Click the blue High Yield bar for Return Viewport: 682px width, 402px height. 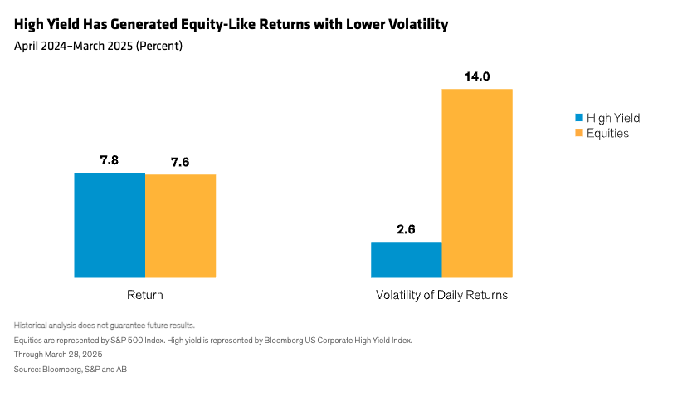coord(110,225)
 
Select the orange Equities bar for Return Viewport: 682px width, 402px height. coord(181,226)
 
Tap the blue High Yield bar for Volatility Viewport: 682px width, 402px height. coord(406,259)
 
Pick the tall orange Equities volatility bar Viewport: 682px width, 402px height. coord(477,183)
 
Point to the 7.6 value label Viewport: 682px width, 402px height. coord(180,163)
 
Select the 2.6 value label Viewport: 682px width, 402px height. coord(406,230)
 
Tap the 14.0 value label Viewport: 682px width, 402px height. coord(477,76)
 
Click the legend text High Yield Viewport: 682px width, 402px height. coord(613,118)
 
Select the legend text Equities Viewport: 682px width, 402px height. coord(607,133)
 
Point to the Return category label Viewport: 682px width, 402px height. coord(145,295)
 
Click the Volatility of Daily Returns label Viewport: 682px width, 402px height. coord(441,295)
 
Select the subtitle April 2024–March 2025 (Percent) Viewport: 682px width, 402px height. coord(98,46)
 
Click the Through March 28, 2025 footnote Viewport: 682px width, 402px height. coord(58,355)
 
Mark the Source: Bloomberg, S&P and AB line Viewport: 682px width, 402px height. coord(71,369)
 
